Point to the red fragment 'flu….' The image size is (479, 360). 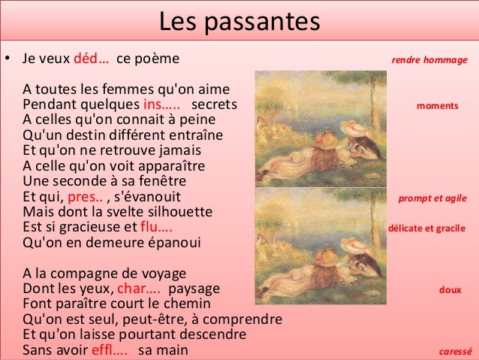[157, 227]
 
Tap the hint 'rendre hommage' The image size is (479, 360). [429, 59]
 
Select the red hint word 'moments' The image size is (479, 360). [437, 106]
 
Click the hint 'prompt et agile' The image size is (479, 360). [432, 198]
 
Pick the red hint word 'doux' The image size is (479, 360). [450, 289]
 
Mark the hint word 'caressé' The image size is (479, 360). [455, 351]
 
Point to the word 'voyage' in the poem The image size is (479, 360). [162, 274]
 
